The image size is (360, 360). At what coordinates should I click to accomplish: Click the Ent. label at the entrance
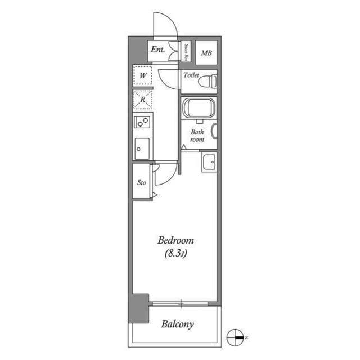click(157, 50)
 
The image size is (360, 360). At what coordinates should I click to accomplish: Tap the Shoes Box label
click(186, 51)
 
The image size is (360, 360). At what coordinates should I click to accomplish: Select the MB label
click(206, 53)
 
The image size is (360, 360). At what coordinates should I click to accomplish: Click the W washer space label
click(143, 75)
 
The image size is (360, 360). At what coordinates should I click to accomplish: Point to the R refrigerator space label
click(143, 100)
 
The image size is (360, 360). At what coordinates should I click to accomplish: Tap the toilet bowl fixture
click(209, 81)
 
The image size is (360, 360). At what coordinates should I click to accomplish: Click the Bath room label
click(197, 136)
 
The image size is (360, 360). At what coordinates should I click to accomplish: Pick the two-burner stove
click(142, 121)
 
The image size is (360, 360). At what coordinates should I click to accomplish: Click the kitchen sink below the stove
click(142, 148)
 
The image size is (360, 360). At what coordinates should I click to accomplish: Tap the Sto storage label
click(142, 182)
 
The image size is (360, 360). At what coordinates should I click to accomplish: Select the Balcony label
click(177, 324)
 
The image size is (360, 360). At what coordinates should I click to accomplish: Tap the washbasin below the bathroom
click(209, 162)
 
